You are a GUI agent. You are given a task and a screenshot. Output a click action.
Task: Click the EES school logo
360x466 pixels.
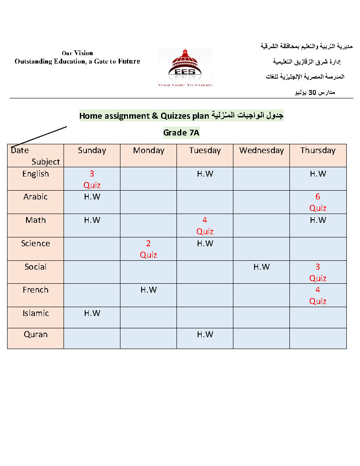pyautogui.click(x=185, y=67)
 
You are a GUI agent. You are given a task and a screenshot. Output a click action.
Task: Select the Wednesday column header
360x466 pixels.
pyautogui.click(x=261, y=150)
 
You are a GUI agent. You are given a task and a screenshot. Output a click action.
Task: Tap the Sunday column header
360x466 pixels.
pyautogui.click(x=92, y=150)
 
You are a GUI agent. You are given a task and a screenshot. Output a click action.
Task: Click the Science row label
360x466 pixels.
pyautogui.click(x=36, y=244)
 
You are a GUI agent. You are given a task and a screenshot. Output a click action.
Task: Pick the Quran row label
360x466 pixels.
pyautogui.click(x=36, y=334)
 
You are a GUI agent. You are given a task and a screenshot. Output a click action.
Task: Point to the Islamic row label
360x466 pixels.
pyautogui.click(x=36, y=313)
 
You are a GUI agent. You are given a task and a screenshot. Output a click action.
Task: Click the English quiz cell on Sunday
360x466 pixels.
pyautogui.click(x=92, y=179)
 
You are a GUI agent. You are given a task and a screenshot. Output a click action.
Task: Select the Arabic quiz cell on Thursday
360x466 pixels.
pyautogui.click(x=318, y=202)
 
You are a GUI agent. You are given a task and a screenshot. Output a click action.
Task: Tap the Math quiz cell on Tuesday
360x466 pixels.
pyautogui.click(x=205, y=225)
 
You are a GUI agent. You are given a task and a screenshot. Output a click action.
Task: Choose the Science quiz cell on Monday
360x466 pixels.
pyautogui.click(x=148, y=249)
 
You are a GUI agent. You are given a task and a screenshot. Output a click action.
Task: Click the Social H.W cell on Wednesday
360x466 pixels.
pyautogui.click(x=261, y=267)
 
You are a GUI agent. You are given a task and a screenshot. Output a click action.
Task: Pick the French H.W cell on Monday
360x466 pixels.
pyautogui.click(x=148, y=290)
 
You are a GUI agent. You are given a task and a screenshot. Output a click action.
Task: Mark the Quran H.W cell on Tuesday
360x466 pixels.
pyautogui.click(x=205, y=334)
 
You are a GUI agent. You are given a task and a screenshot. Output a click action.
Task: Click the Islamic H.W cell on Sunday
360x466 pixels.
pyautogui.click(x=92, y=313)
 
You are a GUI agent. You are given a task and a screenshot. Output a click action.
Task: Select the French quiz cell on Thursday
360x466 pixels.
pyautogui.click(x=318, y=295)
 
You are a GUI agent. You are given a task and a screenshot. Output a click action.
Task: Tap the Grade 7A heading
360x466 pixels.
pyautogui.click(x=182, y=132)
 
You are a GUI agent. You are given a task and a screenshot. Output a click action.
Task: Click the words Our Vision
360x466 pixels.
pyautogui.click(x=77, y=53)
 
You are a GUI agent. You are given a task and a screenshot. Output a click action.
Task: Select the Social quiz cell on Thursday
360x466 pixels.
pyautogui.click(x=318, y=272)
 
